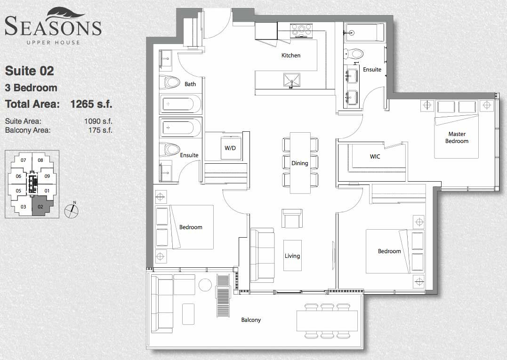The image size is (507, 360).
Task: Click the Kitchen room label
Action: pyautogui.click(x=290, y=55)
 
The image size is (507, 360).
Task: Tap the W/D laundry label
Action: pyautogui.click(x=230, y=148)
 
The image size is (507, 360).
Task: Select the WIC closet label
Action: pyautogui.click(x=375, y=156)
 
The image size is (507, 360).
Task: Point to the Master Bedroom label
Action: pyautogui.click(x=457, y=137)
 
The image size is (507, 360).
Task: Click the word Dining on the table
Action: pyautogui.click(x=299, y=163)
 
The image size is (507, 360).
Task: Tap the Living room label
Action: pyautogui.click(x=292, y=256)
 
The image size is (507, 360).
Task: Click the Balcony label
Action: pyautogui.click(x=251, y=320)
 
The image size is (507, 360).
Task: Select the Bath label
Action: pyautogui.click(x=190, y=84)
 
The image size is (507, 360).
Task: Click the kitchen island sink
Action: pyautogui.click(x=292, y=80)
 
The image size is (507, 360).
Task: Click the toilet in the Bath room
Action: pyautogui.click(x=170, y=82)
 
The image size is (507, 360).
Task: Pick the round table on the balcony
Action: pyautogui.click(x=205, y=285)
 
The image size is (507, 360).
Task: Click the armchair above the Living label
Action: pyautogui.click(x=292, y=218)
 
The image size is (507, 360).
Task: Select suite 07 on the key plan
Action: pyautogui.click(x=23, y=160)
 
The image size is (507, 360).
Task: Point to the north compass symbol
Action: pyautogui.click(x=72, y=210)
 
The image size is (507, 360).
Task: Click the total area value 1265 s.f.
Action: pyautogui.click(x=91, y=104)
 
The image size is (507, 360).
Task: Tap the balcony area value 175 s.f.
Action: pyautogui.click(x=100, y=130)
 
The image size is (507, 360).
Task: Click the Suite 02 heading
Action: pyautogui.click(x=30, y=71)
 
